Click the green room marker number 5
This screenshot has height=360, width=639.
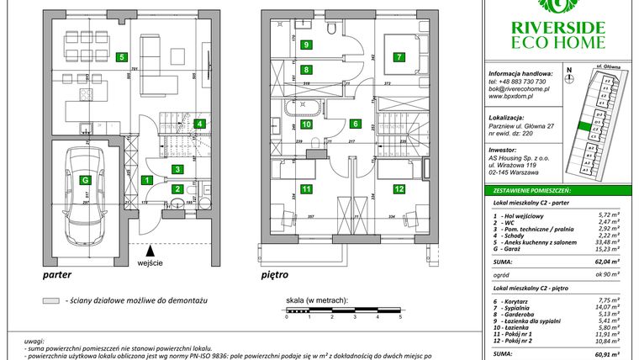pos(123,58)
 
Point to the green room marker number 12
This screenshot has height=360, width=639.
pos(397,189)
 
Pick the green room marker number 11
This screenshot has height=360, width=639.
pos(308,189)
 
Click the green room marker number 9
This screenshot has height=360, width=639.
pos(308,45)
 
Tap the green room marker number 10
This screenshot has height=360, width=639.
pos(308,124)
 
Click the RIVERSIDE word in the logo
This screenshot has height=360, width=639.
pos(558,26)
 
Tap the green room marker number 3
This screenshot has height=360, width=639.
pos(177,169)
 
